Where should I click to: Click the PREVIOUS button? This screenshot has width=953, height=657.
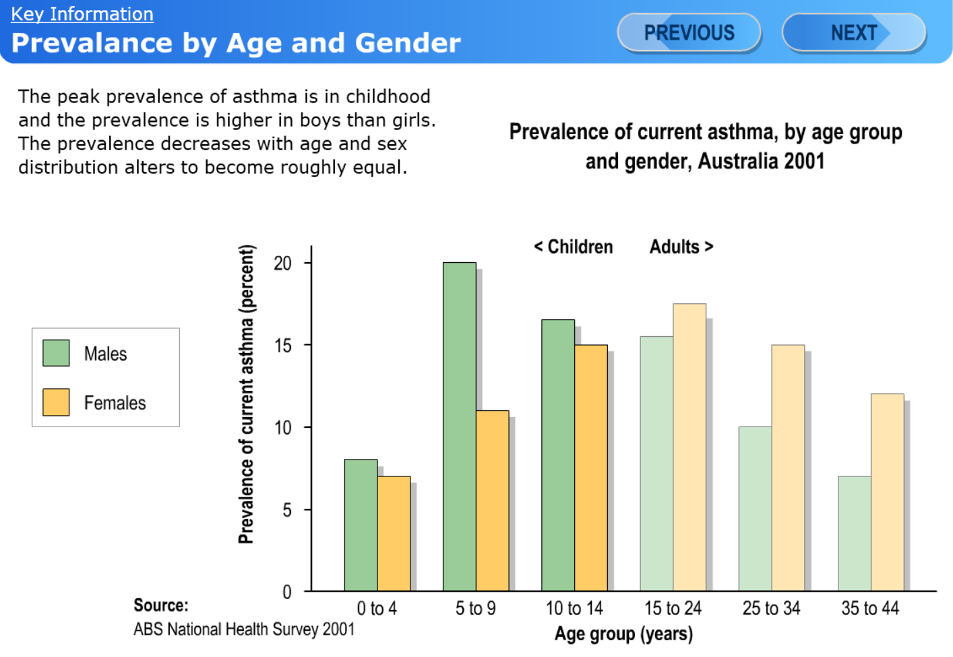(689, 32)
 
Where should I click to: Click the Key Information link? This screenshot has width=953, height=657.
(82, 14)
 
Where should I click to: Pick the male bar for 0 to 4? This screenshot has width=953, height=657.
(361, 526)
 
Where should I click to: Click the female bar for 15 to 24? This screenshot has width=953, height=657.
(689, 447)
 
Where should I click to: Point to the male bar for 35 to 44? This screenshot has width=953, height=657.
(854, 534)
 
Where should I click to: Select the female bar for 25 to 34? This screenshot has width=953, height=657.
(788, 468)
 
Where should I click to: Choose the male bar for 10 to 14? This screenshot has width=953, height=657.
(558, 456)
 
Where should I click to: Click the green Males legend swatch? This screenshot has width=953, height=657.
(56, 353)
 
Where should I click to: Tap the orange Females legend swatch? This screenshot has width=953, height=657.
(56, 402)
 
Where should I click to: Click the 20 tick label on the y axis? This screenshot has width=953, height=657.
(283, 263)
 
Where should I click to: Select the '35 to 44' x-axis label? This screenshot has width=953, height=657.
(869, 608)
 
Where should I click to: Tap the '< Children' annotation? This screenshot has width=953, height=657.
(574, 247)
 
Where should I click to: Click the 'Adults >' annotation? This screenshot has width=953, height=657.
(681, 247)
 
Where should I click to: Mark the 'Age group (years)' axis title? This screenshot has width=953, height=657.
(623, 634)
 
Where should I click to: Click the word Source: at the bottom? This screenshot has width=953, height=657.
(161, 605)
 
